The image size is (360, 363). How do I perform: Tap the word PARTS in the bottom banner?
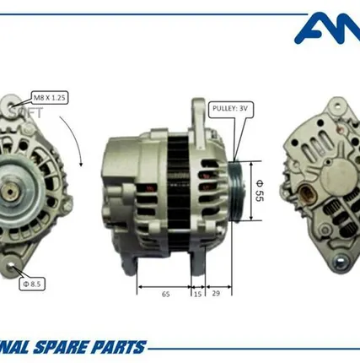(x=122, y=347)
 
